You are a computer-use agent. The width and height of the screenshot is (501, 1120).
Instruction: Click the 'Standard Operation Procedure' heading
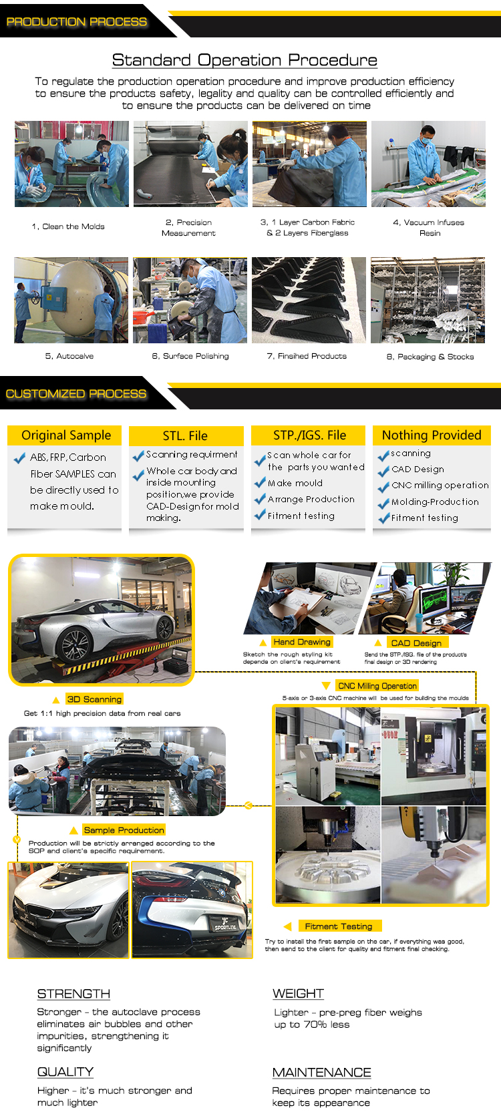pyautogui.click(x=244, y=60)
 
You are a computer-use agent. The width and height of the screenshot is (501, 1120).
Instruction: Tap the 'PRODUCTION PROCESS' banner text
pyautogui.click(x=77, y=22)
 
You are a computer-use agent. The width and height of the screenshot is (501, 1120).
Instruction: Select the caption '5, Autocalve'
pyautogui.click(x=69, y=356)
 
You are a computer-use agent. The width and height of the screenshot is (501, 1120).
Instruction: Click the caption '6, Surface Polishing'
pyautogui.click(x=190, y=356)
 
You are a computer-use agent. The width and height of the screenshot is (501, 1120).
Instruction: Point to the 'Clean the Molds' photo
pyautogui.click(x=71, y=164)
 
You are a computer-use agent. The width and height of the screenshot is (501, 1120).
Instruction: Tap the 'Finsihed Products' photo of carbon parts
pyautogui.click(x=309, y=300)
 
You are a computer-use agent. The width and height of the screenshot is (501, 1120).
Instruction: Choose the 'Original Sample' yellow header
pyautogui.click(x=65, y=435)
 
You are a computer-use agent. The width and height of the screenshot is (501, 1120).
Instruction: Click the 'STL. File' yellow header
pyautogui.click(x=186, y=435)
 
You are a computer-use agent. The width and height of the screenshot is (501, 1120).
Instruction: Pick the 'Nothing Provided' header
pyautogui.click(x=432, y=435)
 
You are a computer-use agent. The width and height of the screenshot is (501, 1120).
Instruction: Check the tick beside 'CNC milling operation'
pyautogui.click(x=383, y=487)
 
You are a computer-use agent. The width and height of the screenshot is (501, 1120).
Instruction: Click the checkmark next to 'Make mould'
pyautogui.click(x=260, y=482)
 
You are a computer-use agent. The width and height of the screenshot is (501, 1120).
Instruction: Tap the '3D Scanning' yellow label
pyautogui.click(x=94, y=699)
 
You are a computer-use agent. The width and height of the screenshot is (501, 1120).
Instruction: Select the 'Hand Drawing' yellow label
pyautogui.click(x=302, y=642)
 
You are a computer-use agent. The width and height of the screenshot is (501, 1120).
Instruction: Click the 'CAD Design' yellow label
pyautogui.click(x=417, y=643)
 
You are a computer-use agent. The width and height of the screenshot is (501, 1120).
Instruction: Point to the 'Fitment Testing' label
pyautogui.click(x=339, y=926)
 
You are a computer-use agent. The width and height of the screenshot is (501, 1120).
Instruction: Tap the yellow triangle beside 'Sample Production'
pyautogui.click(x=73, y=830)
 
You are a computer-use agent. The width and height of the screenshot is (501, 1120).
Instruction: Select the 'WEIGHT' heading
pyautogui.click(x=298, y=994)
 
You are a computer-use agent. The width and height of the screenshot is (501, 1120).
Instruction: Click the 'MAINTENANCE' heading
pyautogui.click(x=321, y=1073)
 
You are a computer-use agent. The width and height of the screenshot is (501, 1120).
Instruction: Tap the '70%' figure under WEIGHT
pyautogui.click(x=315, y=1024)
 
